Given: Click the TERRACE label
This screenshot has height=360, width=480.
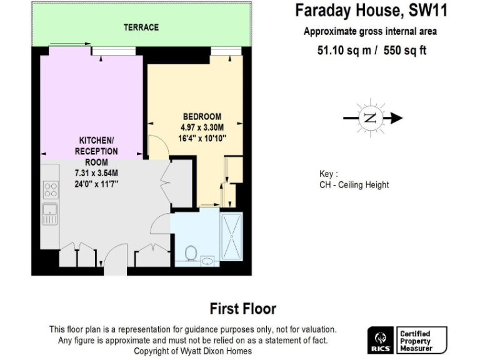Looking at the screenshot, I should (x=141, y=27).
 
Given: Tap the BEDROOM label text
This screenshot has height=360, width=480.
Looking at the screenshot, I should (x=202, y=116).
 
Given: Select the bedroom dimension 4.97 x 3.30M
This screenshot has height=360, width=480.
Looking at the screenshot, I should (x=202, y=127).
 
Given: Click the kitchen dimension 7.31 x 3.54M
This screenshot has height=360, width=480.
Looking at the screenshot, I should (x=96, y=172).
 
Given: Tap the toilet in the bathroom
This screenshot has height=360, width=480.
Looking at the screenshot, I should (x=192, y=252).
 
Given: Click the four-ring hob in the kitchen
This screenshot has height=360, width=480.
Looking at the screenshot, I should (x=50, y=189).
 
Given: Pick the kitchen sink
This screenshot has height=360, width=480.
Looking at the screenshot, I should (x=49, y=213).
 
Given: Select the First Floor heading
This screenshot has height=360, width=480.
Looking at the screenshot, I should (x=242, y=308).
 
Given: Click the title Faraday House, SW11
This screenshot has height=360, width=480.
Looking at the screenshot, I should (x=371, y=11).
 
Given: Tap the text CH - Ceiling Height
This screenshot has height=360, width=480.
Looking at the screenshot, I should (x=354, y=185).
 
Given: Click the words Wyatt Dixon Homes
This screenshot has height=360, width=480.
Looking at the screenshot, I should (x=221, y=351).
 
